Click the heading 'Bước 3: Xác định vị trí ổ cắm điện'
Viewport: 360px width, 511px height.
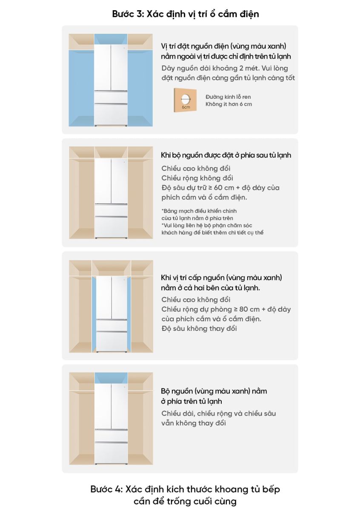click(186, 14)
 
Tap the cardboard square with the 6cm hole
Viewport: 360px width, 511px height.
click(185, 100)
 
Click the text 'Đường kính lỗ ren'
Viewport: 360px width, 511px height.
click(228, 97)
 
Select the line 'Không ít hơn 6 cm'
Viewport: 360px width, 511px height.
click(229, 104)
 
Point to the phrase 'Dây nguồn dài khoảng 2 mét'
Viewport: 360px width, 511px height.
click(211, 68)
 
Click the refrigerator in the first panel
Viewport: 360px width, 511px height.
click(111, 85)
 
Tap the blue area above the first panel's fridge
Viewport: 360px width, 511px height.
click(111, 39)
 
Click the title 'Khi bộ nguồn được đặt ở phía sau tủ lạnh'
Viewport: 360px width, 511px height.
click(226, 155)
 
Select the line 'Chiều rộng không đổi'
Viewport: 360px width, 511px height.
click(197, 178)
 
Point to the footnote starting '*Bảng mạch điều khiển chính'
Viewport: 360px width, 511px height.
click(199, 211)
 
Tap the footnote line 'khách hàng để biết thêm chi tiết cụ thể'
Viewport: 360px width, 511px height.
click(212, 233)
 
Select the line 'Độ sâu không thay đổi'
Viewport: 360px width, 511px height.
click(199, 328)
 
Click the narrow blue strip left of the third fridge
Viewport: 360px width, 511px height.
click(94, 314)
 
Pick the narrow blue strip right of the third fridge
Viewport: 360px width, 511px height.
click(129, 314)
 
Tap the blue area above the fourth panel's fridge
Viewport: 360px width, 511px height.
click(111, 378)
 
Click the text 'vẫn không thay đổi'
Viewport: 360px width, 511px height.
click(194, 423)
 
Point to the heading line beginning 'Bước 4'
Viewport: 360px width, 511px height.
click(185, 489)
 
